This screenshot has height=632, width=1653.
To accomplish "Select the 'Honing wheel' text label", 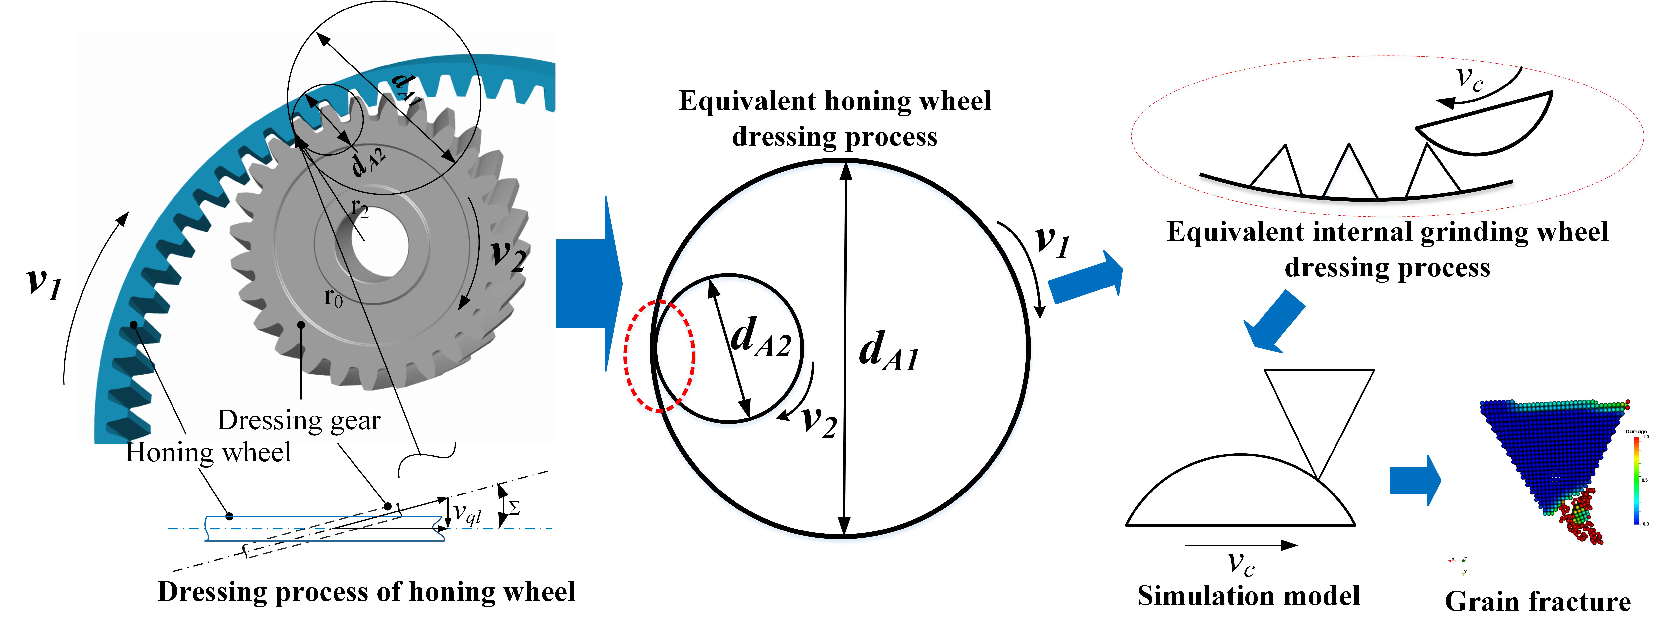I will pyautogui.click(x=209, y=452).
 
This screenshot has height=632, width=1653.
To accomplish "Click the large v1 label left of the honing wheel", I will pyautogui.click(x=44, y=282).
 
